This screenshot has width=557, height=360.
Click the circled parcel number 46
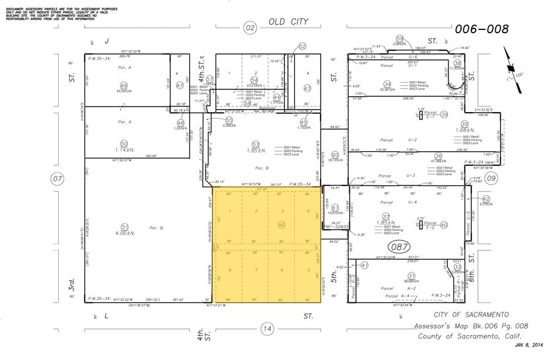tap(282, 225)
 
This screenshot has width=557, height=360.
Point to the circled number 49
tap(124, 86)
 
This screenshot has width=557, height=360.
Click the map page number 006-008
tap(482, 28)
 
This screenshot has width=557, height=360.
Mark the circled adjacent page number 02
tap(249, 28)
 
